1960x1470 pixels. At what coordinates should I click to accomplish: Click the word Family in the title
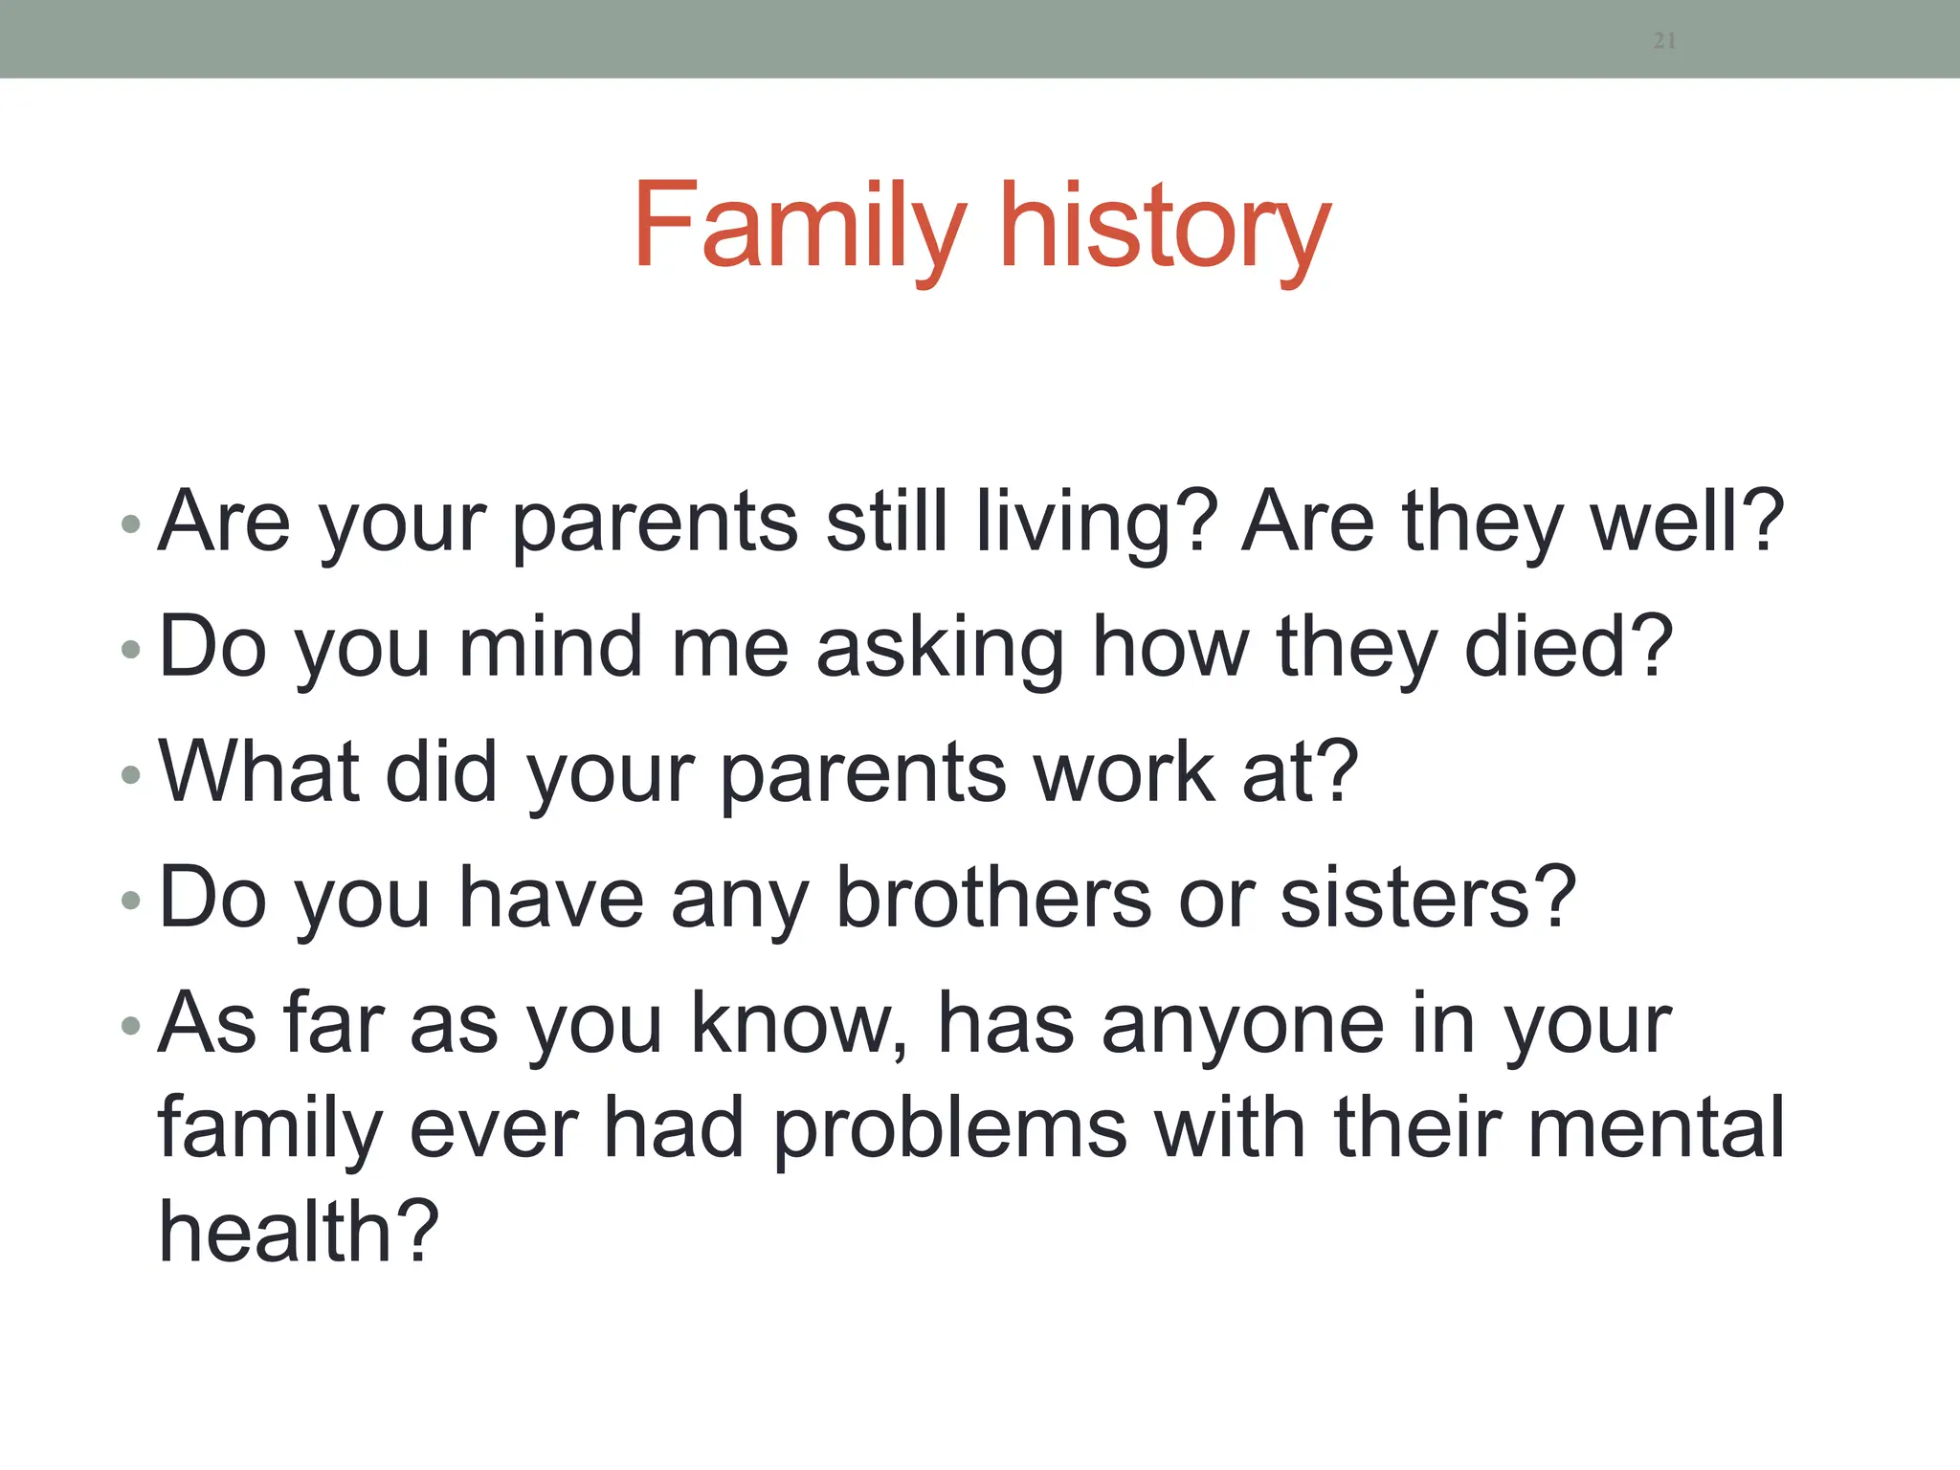pyautogui.click(x=799, y=226)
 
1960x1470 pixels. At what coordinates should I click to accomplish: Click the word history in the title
pyautogui.click(x=1164, y=226)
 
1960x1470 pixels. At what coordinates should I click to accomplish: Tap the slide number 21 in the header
pyautogui.click(x=1664, y=40)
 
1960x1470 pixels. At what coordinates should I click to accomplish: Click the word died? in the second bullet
pyautogui.click(x=1570, y=648)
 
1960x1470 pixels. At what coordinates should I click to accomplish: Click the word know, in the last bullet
pyautogui.click(x=799, y=1023)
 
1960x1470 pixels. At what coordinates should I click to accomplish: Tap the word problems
pyautogui.click(x=949, y=1129)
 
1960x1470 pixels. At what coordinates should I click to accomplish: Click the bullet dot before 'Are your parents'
pyautogui.click(x=131, y=524)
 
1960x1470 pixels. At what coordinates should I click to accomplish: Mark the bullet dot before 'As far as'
pyautogui.click(x=131, y=1027)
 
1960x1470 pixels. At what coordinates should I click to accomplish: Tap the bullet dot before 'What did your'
pyautogui.click(x=131, y=775)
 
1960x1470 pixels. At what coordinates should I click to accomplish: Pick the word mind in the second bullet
pyautogui.click(x=549, y=648)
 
